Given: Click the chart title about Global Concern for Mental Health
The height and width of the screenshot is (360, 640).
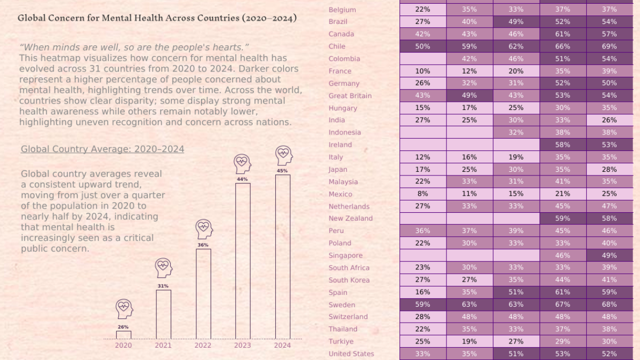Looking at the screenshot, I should [157, 18].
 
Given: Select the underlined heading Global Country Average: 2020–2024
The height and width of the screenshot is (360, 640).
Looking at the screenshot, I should [102, 149].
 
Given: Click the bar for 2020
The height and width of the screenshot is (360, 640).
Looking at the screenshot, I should [124, 335].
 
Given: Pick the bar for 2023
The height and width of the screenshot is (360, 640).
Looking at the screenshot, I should [243, 261].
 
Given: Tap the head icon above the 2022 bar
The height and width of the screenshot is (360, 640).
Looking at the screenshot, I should [203, 229].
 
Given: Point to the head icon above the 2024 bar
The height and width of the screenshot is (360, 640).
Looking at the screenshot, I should [283, 155].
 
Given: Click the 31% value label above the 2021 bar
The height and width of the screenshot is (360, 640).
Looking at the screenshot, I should [163, 286].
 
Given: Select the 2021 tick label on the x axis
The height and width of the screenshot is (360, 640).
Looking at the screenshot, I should [163, 346].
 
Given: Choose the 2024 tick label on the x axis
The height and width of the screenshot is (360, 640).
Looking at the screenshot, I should [282, 346].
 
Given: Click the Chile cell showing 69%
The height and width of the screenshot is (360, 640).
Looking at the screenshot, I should [609, 46].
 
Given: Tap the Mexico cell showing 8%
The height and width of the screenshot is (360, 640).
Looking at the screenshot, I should [422, 194].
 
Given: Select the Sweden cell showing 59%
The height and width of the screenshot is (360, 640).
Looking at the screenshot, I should [422, 305].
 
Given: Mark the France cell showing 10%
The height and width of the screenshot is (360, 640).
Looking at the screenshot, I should [422, 71].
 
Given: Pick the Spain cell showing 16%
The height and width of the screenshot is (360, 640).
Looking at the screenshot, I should [422, 292].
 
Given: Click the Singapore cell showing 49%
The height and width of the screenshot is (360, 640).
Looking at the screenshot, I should [609, 255].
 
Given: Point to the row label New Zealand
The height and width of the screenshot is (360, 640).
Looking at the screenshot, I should [350, 219].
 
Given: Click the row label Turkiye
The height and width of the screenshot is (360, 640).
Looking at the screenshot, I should [341, 341].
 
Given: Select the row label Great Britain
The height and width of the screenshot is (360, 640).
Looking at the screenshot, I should [350, 96].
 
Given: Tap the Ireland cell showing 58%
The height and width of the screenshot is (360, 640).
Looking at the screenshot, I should [562, 145].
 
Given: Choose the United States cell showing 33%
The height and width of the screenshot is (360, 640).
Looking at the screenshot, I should [422, 354].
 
